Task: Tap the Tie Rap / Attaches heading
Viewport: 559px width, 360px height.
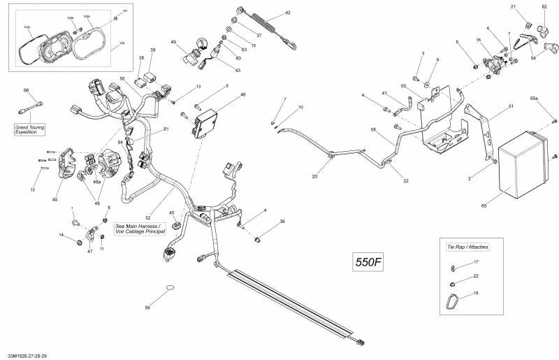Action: point(467,247)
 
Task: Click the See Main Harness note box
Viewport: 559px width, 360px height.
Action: point(139,229)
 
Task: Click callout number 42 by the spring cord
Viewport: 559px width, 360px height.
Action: point(288,13)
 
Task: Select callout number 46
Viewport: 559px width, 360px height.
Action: point(243,94)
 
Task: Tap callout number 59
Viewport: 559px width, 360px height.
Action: point(147,308)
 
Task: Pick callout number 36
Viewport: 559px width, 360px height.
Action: point(282,222)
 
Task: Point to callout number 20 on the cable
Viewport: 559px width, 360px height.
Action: point(314,177)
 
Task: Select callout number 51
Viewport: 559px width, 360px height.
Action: point(511,106)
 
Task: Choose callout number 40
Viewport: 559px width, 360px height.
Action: point(55,200)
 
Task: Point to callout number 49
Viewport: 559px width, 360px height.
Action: point(173,42)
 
